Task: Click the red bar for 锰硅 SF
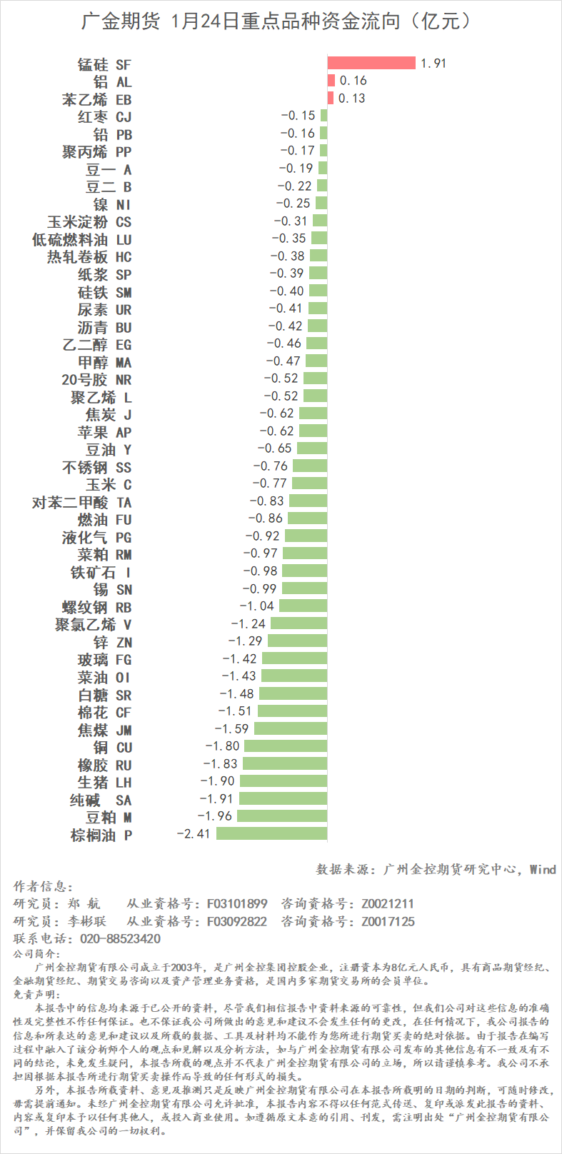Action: tap(371, 63)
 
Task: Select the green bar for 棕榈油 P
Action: tap(271, 833)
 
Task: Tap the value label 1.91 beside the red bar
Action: tap(433, 64)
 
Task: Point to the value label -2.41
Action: tap(193, 833)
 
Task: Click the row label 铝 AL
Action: tap(112, 81)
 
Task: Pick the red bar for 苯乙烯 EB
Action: tap(331, 98)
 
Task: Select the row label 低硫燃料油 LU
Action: tap(81, 239)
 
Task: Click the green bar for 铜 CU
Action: tap(285, 746)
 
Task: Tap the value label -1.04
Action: tap(256, 606)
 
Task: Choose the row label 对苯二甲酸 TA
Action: tap(81, 502)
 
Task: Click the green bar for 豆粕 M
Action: tap(282, 816)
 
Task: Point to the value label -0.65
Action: tap(274, 448)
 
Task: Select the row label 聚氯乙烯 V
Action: tap(93, 624)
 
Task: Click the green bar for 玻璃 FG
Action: tap(294, 658)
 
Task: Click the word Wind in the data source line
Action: tap(543, 869)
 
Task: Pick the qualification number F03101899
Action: tap(237, 903)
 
